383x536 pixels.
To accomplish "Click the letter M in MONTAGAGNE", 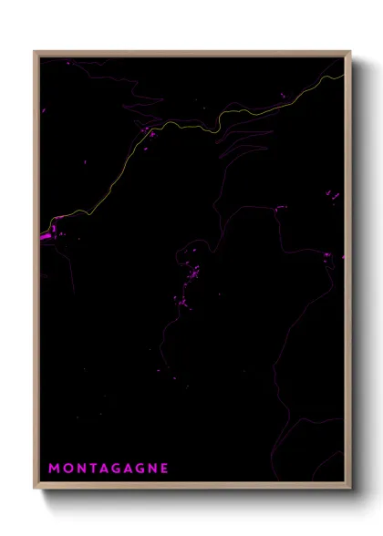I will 54,469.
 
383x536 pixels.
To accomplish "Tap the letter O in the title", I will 67,469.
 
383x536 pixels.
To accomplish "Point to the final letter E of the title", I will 164,469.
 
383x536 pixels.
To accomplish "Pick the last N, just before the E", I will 151,469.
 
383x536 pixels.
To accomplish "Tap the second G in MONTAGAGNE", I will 139,469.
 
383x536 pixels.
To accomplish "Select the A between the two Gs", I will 129,469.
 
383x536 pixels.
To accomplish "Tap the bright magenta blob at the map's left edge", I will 46,236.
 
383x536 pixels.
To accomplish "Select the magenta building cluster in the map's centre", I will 191,273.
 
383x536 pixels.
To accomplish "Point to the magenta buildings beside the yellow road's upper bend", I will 149,134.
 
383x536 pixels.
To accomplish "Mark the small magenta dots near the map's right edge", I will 333,195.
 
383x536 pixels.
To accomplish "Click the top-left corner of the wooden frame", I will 36,52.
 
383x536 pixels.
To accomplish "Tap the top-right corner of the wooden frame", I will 350,52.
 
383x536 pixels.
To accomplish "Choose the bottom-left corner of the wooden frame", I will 36,489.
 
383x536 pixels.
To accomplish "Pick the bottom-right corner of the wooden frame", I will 350,489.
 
